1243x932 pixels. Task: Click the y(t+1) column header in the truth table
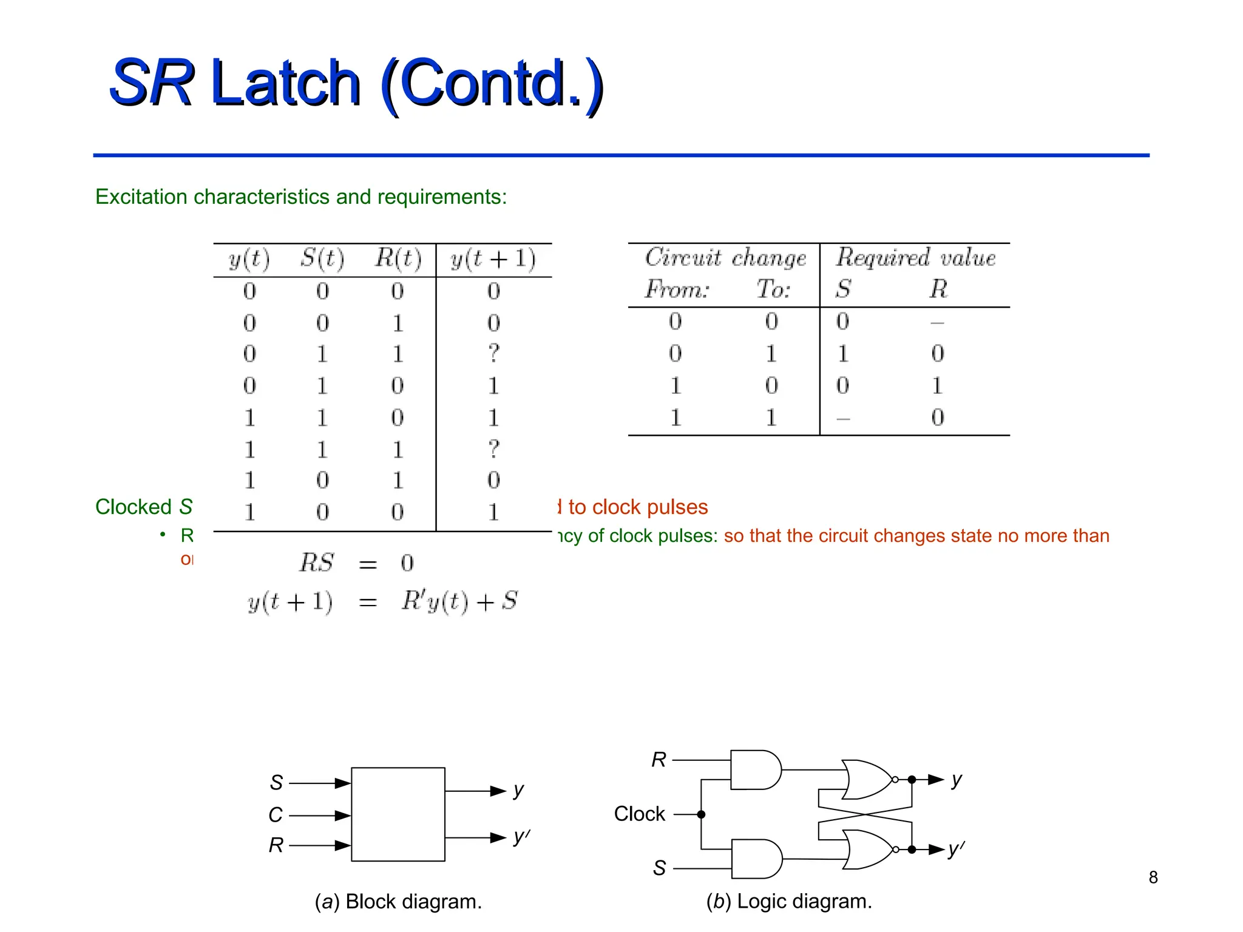coord(493,259)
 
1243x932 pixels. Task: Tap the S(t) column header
coord(322,259)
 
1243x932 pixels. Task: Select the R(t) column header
coord(398,259)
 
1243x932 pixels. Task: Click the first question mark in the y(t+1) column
coord(493,353)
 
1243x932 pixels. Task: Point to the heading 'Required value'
coord(915,258)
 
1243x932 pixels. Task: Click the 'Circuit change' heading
coord(725,258)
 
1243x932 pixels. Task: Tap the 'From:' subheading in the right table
coord(677,289)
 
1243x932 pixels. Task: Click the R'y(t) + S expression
coord(459,601)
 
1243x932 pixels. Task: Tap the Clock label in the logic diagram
coord(639,814)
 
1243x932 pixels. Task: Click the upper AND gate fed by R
coord(754,769)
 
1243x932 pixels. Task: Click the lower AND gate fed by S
coord(755,859)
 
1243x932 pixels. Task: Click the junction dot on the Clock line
coord(701,814)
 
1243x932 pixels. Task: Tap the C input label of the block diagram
coord(276,815)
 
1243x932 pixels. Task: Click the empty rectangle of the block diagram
coord(398,814)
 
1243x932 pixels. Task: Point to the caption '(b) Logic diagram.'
coord(788,902)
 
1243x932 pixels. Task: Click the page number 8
coord(1153,877)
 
